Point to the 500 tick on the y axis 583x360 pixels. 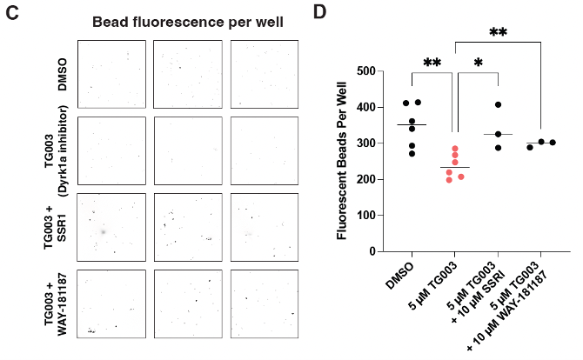pyautogui.click(x=375, y=71)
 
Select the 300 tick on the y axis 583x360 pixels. pyautogui.click(x=375, y=143)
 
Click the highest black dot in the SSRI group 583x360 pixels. pyautogui.click(x=499, y=105)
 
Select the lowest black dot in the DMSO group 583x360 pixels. pyautogui.click(x=412, y=154)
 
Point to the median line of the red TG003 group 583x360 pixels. pyautogui.click(x=454, y=167)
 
